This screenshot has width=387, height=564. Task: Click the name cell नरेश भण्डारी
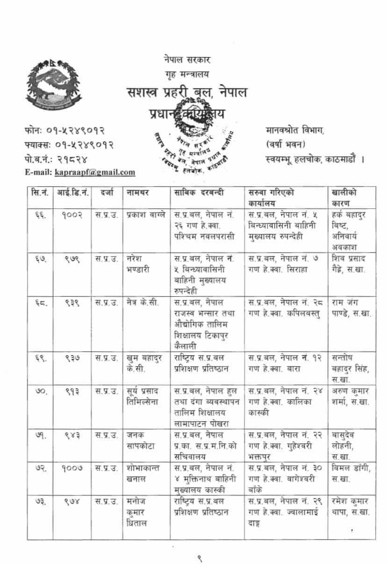(x=138, y=264)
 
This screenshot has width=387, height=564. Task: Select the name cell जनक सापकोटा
(x=137, y=440)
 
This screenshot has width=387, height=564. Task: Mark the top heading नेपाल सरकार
(x=187, y=60)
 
